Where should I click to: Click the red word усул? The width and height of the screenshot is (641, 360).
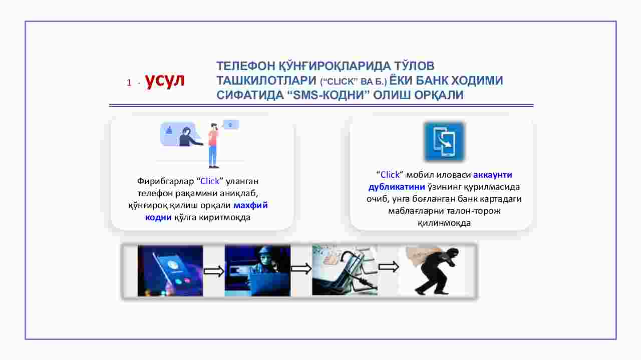point(165,81)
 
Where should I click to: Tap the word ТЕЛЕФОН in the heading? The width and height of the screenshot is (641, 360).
point(246,66)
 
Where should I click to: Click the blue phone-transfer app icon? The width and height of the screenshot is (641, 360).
point(444,141)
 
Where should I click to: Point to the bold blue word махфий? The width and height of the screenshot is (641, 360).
point(251,205)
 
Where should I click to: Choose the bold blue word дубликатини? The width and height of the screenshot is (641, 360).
point(397,187)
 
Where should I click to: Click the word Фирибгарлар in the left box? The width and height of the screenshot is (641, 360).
point(165,181)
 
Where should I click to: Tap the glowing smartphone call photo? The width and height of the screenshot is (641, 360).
point(170,271)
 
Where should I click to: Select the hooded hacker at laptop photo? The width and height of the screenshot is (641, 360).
point(257,271)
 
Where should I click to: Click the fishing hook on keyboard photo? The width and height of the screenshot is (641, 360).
point(345,270)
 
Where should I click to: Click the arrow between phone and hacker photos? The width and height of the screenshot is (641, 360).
point(214,271)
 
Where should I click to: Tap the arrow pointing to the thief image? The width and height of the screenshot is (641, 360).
point(388,267)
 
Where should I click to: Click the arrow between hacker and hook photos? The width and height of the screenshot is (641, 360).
point(301,268)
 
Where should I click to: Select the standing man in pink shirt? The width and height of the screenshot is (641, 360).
point(213,146)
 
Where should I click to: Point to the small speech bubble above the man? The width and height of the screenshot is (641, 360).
point(231,125)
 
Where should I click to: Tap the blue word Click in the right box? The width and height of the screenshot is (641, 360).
point(390,175)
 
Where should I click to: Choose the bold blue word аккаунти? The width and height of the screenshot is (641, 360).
point(492,175)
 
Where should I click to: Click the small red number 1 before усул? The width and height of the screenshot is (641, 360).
point(129,83)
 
